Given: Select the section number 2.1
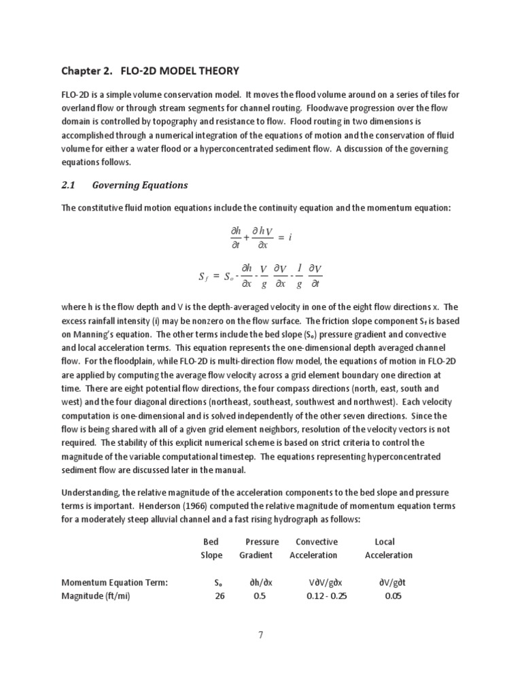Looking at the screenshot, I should tap(70, 185).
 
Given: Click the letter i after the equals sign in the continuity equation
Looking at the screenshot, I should tap(290, 237).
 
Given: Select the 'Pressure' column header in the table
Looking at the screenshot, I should tap(262, 542).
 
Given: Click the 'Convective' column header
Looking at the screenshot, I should tap(316, 542).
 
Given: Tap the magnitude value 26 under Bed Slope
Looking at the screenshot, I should tap(219, 595).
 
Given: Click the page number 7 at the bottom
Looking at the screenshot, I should tap(261, 636).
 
